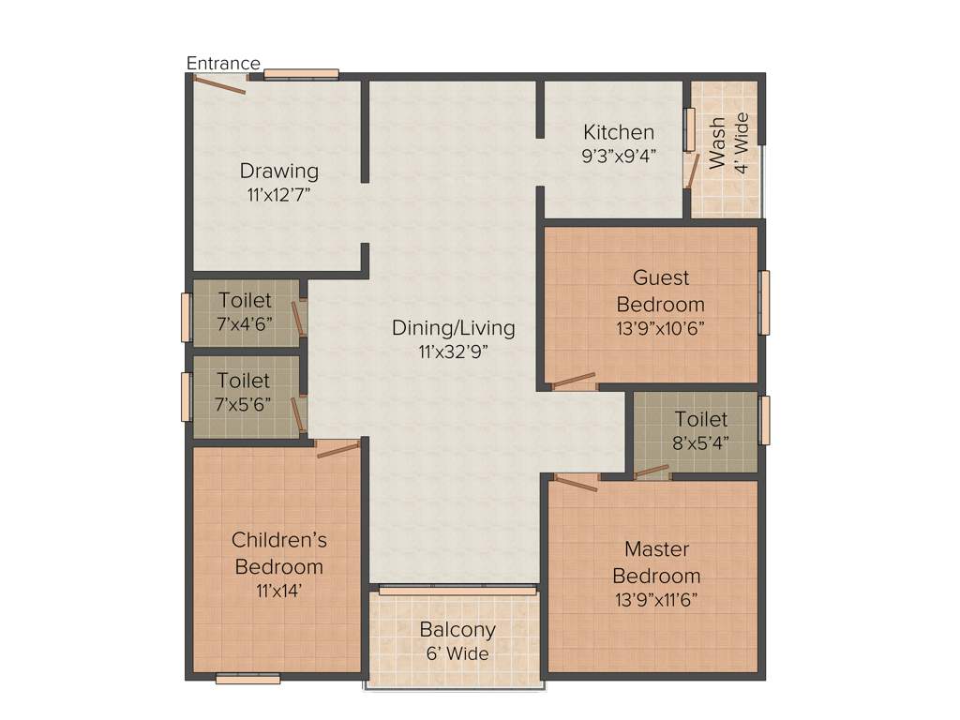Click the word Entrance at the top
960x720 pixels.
click(x=223, y=64)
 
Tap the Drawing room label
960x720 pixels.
click(x=278, y=172)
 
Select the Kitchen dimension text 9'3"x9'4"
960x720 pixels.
click(x=619, y=156)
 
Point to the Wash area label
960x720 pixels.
click(x=717, y=142)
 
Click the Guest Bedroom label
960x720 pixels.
click(x=660, y=291)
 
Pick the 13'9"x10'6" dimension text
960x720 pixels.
click(x=660, y=328)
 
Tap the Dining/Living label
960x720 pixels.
click(x=453, y=328)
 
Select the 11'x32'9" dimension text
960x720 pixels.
click(x=453, y=352)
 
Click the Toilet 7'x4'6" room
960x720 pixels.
click(x=246, y=312)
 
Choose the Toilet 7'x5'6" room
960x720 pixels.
click(x=244, y=394)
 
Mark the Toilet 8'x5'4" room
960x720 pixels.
click(x=700, y=430)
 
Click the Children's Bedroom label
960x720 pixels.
click(x=278, y=553)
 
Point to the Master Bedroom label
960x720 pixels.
click(x=656, y=562)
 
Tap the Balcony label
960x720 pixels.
click(x=457, y=630)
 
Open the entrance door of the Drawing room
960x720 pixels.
click(x=219, y=84)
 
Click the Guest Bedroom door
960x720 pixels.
click(x=574, y=382)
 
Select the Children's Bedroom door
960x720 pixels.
click(x=337, y=450)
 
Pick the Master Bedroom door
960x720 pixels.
click(x=576, y=482)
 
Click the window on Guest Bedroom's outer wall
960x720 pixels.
click(x=764, y=303)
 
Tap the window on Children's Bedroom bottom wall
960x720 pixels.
click(x=247, y=679)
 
